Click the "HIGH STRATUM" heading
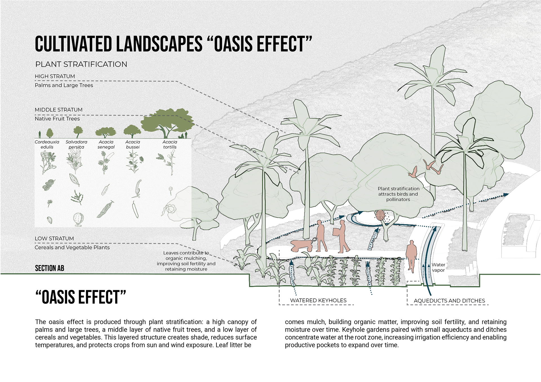tap(55, 76)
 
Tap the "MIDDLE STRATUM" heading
tap(59, 110)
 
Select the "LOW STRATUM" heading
tap(54, 238)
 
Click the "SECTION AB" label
tap(50, 268)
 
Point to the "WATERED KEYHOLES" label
tap(318, 300)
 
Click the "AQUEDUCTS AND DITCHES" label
tap(449, 301)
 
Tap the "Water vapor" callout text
tap(438, 267)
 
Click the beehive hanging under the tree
tap(380, 216)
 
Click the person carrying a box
tap(342, 236)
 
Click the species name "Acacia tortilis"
tap(170, 144)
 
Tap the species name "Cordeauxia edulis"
tap(47, 144)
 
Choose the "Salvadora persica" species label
tap(76, 144)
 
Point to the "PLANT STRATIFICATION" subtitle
tap(81, 64)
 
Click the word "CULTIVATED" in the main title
tap(72, 44)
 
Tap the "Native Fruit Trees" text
tap(57, 119)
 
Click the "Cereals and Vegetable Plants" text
tap(72, 247)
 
